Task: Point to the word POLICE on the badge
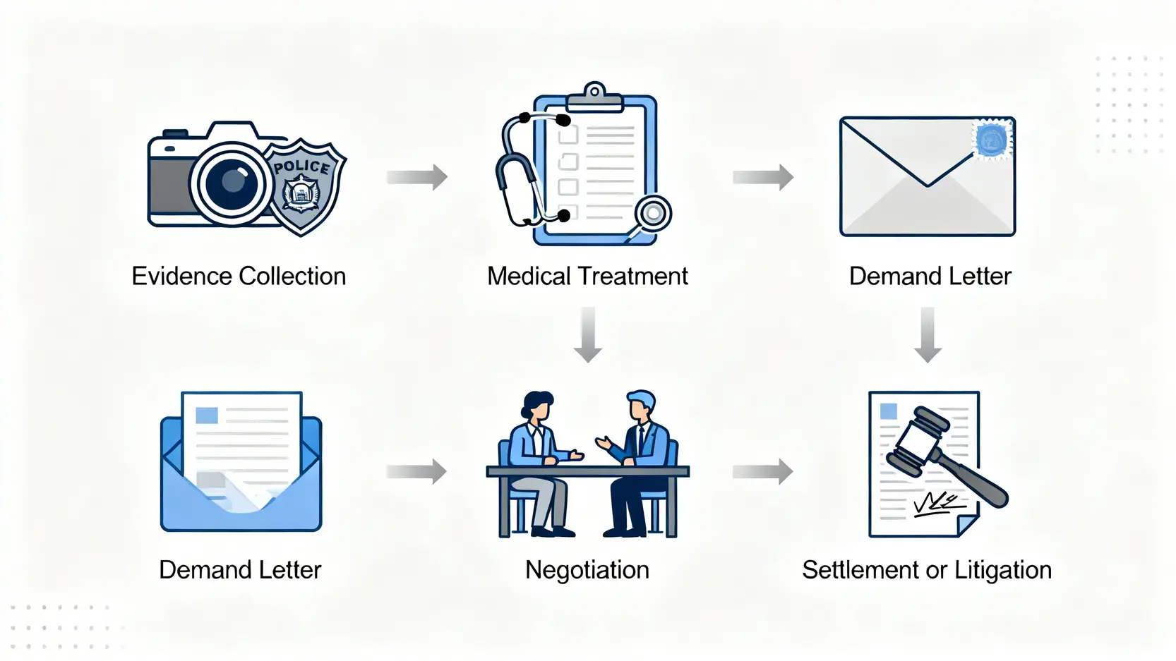pos(302,166)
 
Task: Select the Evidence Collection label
pos(239,276)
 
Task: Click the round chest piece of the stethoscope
pos(653,212)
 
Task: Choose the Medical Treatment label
pos(587,276)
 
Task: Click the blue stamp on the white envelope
pos(992,139)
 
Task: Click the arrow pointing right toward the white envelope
pos(763,176)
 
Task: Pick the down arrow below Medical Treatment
pos(587,334)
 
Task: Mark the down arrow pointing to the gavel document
pos(928,334)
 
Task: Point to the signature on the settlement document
pos(938,504)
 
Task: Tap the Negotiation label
pos(587,569)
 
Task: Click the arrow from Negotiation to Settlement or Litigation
pos(763,471)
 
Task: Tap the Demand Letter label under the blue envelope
pos(240,569)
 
